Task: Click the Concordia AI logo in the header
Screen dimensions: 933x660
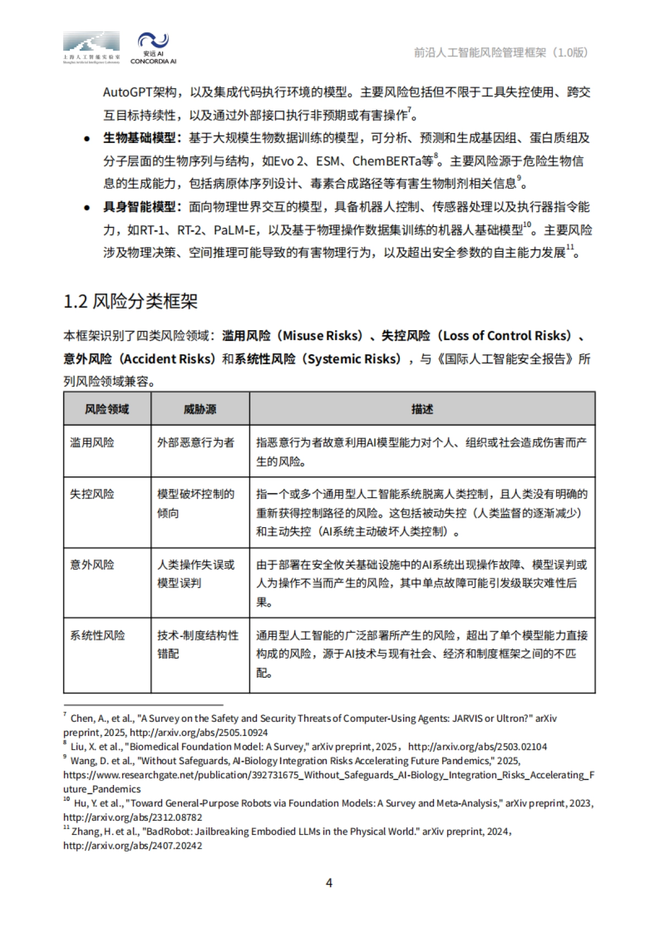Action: [153, 48]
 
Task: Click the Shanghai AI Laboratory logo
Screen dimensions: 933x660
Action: [91, 48]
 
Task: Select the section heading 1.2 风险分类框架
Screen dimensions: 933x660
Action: [130, 301]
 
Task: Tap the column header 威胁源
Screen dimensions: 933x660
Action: [200, 409]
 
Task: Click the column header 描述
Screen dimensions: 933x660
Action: [422, 409]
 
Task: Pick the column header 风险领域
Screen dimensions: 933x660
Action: [107, 409]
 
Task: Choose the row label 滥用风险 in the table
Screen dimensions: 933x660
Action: [92, 442]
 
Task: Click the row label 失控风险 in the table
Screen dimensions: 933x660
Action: [92, 494]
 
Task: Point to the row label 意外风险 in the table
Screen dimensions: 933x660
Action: [92, 564]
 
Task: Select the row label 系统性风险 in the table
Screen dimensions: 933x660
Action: [97, 635]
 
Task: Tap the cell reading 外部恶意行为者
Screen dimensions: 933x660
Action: [196, 442]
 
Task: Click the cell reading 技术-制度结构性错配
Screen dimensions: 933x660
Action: [198, 644]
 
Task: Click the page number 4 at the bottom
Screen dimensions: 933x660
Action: [329, 883]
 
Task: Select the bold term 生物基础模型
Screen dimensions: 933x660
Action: [139, 138]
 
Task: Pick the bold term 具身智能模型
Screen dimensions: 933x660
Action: [139, 207]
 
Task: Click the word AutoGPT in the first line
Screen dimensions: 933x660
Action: [127, 92]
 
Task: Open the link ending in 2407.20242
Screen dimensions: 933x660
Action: [133, 846]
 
